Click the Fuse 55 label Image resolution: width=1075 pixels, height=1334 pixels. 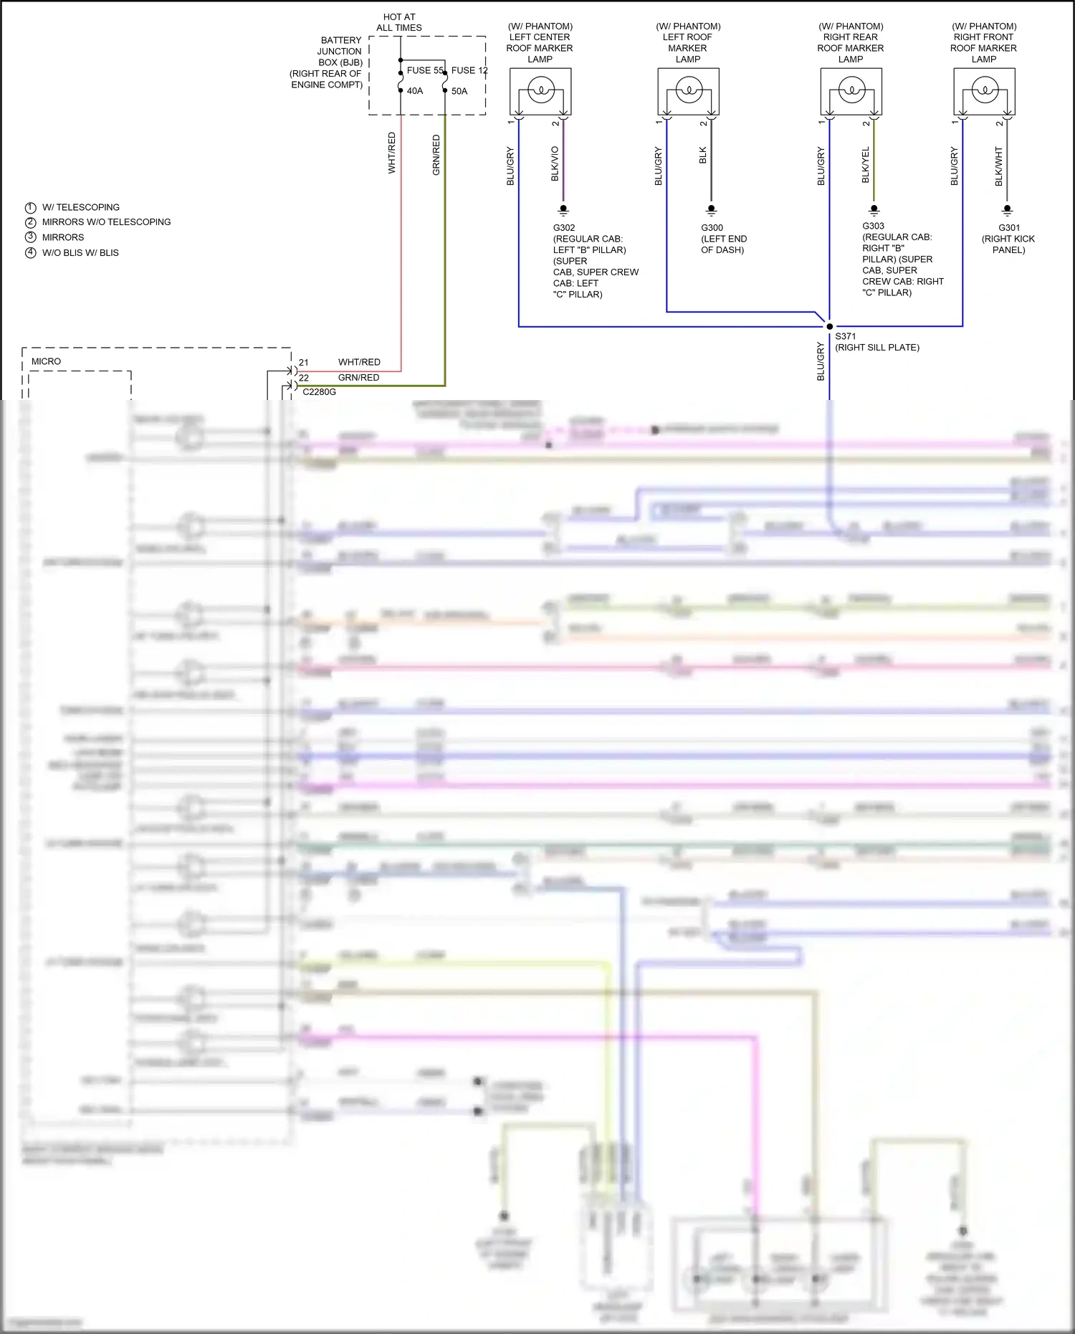[424, 70]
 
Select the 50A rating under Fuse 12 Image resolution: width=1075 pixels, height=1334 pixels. [459, 91]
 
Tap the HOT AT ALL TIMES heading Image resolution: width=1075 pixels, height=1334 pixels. [399, 22]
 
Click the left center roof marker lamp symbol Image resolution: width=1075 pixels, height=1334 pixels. [540, 91]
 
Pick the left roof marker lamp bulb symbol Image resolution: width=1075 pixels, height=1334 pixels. [689, 91]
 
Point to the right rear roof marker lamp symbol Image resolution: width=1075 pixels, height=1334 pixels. [851, 91]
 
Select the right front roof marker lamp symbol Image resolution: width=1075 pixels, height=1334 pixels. [984, 91]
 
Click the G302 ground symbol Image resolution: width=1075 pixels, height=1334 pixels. [563, 210]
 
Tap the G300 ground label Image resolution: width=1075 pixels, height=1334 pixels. [712, 228]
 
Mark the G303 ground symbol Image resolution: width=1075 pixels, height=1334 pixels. [874, 210]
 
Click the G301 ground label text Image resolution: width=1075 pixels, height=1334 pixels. [1008, 228]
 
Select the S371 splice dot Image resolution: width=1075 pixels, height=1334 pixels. [829, 326]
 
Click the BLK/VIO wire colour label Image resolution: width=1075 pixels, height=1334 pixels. [555, 163]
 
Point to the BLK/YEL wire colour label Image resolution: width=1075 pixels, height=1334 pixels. [865, 165]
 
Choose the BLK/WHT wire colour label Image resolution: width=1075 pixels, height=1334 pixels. [998, 166]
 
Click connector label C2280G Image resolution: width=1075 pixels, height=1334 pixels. [319, 392]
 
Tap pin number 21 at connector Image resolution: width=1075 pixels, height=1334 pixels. [304, 363]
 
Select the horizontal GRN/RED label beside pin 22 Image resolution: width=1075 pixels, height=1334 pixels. [358, 378]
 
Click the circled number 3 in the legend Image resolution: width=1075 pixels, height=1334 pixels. [30, 237]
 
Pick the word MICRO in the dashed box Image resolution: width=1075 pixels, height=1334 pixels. [46, 361]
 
